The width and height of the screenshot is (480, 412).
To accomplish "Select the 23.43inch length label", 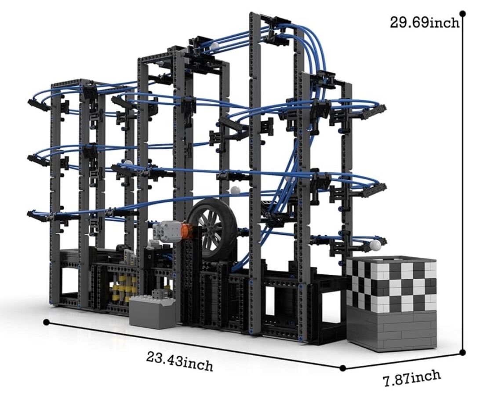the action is point(179,361).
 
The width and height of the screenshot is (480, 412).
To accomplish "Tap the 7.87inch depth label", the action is point(412,378).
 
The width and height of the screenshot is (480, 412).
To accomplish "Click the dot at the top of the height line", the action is point(462,14).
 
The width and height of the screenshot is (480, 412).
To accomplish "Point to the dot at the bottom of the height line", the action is point(463,352).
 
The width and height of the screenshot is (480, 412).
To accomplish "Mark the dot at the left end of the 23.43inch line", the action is point(47,322).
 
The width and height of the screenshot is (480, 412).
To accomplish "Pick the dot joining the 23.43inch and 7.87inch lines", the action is point(343,368).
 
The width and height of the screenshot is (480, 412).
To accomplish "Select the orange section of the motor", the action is point(185,231).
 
